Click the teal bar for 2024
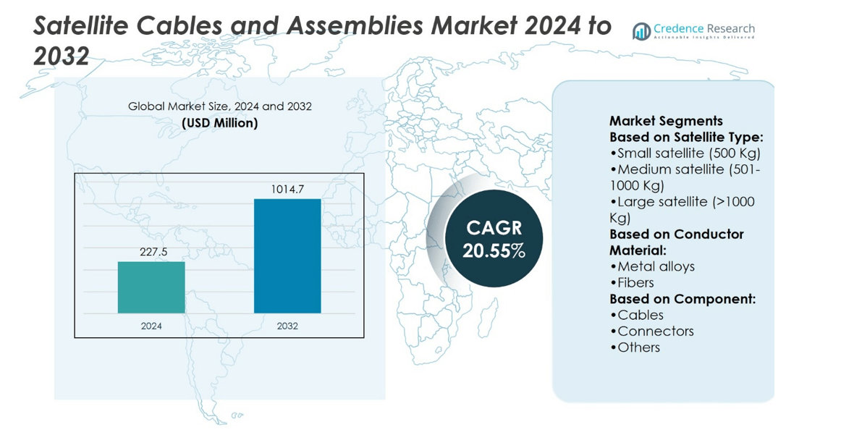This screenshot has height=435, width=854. (x=151, y=287)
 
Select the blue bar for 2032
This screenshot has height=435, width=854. (x=287, y=256)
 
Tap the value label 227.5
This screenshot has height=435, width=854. (x=151, y=252)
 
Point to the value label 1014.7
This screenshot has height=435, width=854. (x=287, y=190)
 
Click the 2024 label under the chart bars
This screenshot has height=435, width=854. (x=151, y=326)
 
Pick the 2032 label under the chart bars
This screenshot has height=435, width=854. (x=287, y=326)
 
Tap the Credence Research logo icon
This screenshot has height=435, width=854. (x=641, y=32)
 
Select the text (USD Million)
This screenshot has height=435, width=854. (x=220, y=123)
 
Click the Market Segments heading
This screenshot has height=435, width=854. (x=666, y=121)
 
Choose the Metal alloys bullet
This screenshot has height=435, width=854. (x=652, y=266)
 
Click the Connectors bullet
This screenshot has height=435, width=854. (x=651, y=331)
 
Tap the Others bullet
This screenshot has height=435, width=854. (x=635, y=347)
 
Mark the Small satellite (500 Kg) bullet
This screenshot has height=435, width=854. (x=685, y=153)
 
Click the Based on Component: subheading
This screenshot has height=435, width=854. (x=682, y=299)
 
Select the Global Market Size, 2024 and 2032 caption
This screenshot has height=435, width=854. (x=220, y=106)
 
